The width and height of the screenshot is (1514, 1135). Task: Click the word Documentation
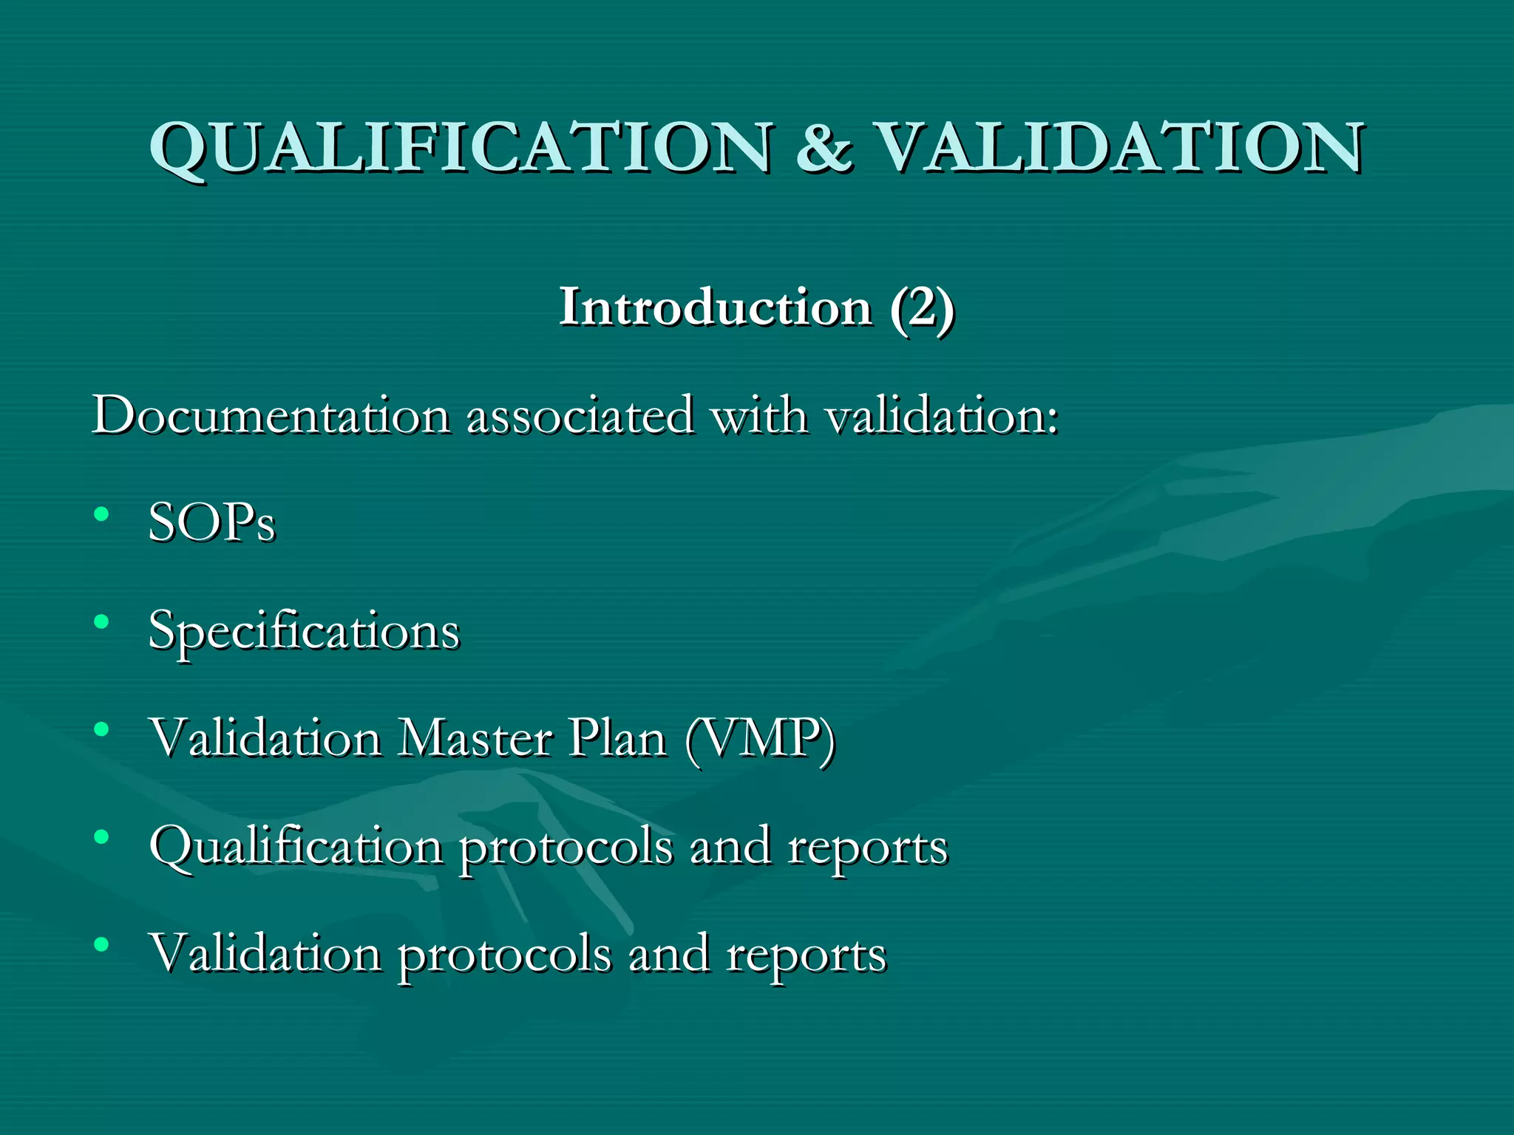coord(271,415)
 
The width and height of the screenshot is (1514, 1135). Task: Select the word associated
coord(580,415)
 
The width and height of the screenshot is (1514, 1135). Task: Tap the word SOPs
coord(212,522)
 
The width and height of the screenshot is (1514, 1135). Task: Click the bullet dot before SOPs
coord(102,514)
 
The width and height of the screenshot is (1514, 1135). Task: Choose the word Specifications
coord(304,632)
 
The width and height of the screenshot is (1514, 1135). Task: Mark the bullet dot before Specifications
coord(102,621)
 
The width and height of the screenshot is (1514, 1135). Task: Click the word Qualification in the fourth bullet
coord(296,847)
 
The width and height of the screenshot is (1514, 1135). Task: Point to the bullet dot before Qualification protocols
coord(102,837)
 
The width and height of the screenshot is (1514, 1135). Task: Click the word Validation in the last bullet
coord(265,953)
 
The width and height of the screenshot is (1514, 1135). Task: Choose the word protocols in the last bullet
coord(505,955)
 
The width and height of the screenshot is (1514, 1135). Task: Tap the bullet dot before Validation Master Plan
coord(102,729)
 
